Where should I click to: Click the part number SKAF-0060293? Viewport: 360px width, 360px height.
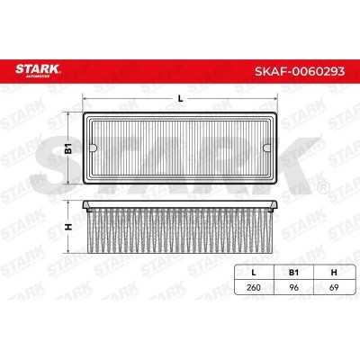pos(300,71)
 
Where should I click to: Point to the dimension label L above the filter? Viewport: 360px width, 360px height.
pos(180,98)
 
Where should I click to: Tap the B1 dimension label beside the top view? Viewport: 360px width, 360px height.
pos(69,148)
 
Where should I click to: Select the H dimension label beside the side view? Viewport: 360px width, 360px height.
pos(69,227)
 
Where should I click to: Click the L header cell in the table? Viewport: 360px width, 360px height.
pos(254,273)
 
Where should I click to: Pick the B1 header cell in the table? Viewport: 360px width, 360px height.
pos(293,273)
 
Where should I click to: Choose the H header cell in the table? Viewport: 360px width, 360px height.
pos(334,273)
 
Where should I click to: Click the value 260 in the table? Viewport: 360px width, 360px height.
pos(254,287)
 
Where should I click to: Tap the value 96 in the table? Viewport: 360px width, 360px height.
pos(294,287)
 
